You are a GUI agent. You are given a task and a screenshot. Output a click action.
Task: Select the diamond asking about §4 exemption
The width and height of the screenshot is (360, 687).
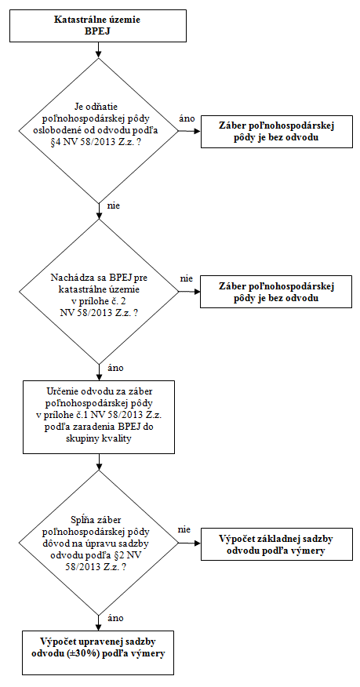point(99,130)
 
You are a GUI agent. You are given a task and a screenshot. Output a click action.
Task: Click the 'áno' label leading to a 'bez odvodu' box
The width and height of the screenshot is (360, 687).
point(187,119)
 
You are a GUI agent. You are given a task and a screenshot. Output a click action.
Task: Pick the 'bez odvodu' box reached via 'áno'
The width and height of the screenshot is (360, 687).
point(277,132)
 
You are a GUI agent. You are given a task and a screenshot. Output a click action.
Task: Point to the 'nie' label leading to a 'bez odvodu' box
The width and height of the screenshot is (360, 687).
point(187,278)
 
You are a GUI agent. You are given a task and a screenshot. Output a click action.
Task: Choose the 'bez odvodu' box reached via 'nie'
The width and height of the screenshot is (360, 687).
point(276,292)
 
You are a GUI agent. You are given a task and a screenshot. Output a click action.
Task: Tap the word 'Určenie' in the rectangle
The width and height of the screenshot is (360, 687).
point(60,391)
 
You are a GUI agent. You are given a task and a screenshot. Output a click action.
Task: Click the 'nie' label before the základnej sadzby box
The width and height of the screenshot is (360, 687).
point(184,530)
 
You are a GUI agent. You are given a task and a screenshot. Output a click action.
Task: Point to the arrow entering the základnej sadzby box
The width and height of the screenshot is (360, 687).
point(190,543)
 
